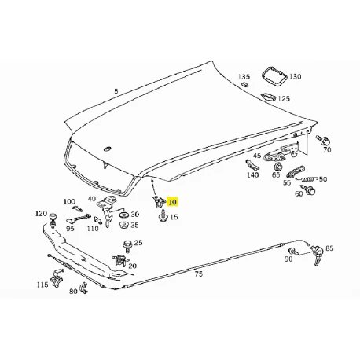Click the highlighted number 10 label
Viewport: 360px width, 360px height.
tap(173, 202)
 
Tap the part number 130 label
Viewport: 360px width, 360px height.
tap(296, 76)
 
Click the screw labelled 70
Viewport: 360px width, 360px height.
tap(323, 141)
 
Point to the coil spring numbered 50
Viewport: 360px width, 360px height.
tap(307, 179)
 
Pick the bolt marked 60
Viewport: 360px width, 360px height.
tap(310, 189)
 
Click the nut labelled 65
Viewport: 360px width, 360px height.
tap(277, 167)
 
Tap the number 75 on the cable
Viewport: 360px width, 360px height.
tap(199, 274)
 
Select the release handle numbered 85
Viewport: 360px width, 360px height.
tap(318, 255)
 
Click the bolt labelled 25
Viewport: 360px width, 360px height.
tap(127, 246)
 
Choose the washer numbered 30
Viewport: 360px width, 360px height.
tap(123, 215)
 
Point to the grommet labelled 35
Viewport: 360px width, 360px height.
tap(123, 226)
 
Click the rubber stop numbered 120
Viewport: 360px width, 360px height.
tap(53, 219)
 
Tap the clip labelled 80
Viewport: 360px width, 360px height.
tap(85, 288)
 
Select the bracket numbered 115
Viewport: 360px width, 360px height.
tap(57, 279)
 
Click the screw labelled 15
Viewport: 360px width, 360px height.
tap(163, 215)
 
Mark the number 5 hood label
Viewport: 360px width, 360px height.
tap(116, 91)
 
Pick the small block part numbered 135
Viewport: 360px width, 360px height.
tap(245, 84)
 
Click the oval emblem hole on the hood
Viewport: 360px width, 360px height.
tap(108, 149)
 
